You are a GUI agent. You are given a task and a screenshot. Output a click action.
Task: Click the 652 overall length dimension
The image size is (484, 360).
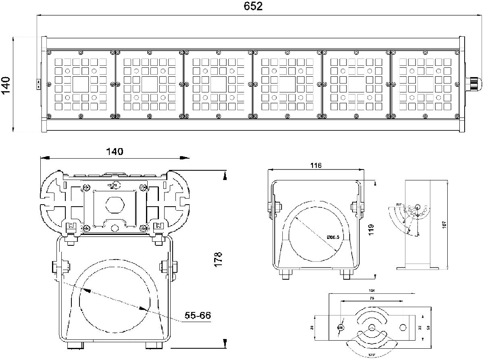pos(253,7)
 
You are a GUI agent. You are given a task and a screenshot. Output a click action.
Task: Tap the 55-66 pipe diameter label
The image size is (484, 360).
pos(198,315)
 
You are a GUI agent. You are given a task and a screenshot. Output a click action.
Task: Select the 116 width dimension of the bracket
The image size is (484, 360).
pos(316,165)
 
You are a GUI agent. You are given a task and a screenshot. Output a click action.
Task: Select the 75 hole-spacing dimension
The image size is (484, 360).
pos(371,298)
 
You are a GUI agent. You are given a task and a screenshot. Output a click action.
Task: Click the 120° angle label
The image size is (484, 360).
pos(371,355)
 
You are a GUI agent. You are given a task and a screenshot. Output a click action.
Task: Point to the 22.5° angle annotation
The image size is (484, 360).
pos(399,204)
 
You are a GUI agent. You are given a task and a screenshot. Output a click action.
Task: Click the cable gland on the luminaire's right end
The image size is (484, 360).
pos(473,84)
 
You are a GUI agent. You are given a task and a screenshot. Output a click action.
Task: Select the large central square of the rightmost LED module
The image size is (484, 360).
pos(426,84)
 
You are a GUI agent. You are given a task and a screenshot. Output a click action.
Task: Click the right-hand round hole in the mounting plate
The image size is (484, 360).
pos(403,327)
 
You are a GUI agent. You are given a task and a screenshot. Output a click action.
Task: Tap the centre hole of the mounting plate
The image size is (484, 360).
pos(371,328)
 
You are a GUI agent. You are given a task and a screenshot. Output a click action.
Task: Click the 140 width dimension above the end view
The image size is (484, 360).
pos(114,152)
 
